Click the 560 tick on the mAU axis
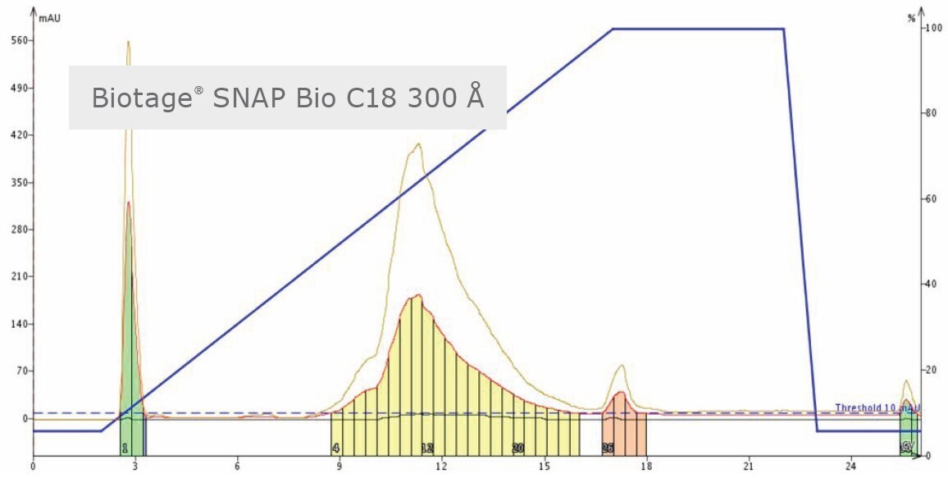17,40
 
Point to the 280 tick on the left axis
17,230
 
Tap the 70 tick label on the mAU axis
20,371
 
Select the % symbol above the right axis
911,17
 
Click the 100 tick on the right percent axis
932,28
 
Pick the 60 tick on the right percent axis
930,199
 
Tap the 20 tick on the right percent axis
930,370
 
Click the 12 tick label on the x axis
441,467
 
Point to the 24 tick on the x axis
850,467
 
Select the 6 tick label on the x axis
237,467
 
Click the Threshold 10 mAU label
876,407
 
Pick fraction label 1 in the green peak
125,448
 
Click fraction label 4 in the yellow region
336,448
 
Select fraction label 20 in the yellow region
517,448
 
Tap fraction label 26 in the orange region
608,448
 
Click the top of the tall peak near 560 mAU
128,43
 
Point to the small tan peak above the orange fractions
622,366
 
